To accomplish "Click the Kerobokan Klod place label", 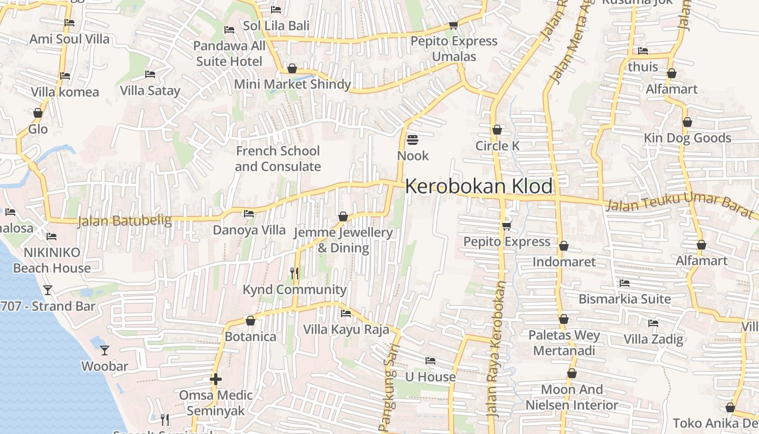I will [479, 186].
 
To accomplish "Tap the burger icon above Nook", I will [412, 140].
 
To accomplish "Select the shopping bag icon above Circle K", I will [497, 130].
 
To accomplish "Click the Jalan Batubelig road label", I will [125, 221].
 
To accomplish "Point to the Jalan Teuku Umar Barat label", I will [681, 206].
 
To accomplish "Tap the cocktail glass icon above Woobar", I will [105, 350].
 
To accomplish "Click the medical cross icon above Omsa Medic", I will [216, 379].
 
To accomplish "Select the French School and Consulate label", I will [278, 158].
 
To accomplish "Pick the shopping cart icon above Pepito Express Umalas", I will [453, 25].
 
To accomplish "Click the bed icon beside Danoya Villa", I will [249, 214].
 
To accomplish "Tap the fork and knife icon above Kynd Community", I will [294, 273].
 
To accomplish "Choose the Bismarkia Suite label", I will [625, 299].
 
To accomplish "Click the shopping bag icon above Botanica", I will [250, 321].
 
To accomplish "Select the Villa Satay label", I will [150, 90].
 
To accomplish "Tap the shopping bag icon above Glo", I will [38, 113].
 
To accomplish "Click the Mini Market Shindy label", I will [292, 85].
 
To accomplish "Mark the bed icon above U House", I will [430, 360].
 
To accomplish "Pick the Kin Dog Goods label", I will [687, 138].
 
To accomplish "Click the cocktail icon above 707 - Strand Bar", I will [48, 290].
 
